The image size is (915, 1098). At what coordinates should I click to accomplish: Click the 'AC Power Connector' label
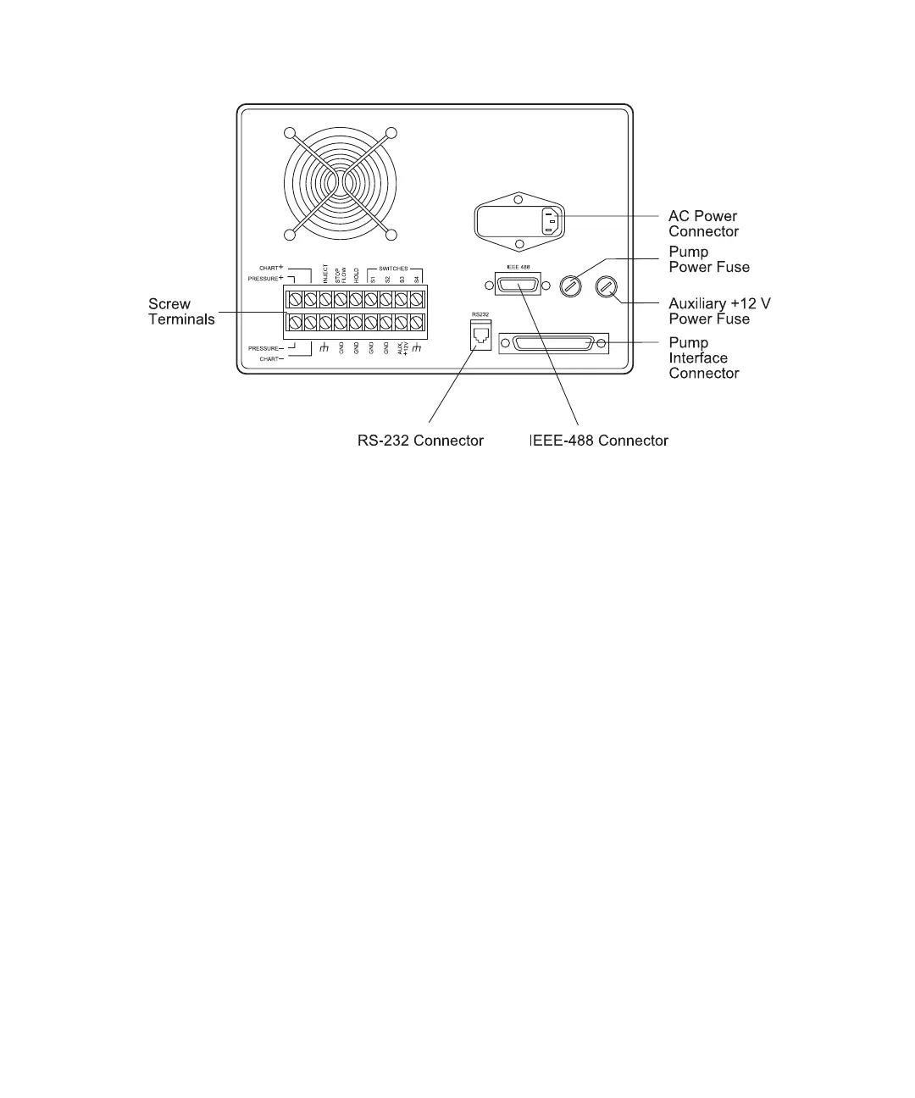pyautogui.click(x=702, y=224)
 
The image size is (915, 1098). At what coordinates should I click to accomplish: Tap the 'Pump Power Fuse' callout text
pyautogui.click(x=709, y=259)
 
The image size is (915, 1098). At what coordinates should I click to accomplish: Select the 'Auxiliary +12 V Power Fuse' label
pyautogui.click(x=719, y=311)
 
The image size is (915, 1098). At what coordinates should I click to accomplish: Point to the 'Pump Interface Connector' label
pyautogui.click(x=703, y=358)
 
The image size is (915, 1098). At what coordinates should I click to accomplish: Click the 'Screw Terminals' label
pyautogui.click(x=181, y=311)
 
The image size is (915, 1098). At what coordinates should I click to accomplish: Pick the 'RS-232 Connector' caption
pyautogui.click(x=420, y=441)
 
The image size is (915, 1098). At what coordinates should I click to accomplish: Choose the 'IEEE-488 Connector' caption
pyautogui.click(x=599, y=441)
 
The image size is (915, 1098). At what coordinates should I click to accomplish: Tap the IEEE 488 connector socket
pyautogui.click(x=518, y=286)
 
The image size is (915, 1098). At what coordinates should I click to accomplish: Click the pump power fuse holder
pyautogui.click(x=572, y=286)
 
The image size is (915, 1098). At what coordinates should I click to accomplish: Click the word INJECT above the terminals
pyautogui.click(x=325, y=274)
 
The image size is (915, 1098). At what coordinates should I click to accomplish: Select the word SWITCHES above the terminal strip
pyautogui.click(x=393, y=269)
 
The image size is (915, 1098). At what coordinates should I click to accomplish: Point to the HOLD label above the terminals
pyautogui.click(x=357, y=274)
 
